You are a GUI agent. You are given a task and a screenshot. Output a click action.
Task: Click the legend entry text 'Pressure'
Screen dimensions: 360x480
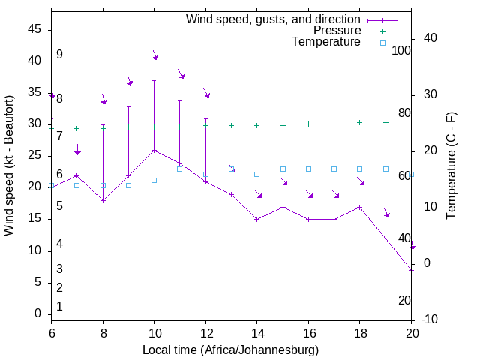[x=337, y=31]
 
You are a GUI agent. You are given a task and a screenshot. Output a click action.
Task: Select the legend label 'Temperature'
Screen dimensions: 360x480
[x=326, y=43]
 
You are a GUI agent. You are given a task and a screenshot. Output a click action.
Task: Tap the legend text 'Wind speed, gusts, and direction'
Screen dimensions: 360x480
[x=274, y=19]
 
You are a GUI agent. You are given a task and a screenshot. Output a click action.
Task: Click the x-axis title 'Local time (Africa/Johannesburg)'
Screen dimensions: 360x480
[x=231, y=350]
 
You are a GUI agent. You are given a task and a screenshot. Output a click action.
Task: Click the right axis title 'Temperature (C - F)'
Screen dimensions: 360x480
[x=451, y=166]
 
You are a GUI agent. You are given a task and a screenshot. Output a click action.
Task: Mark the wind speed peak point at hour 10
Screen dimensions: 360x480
[x=154, y=150]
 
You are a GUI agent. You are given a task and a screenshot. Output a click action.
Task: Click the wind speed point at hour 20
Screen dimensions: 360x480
[x=412, y=269]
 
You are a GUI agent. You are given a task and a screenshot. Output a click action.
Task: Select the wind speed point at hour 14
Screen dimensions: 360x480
[x=256, y=219]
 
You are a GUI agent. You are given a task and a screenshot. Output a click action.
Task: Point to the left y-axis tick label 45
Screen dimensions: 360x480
[x=34, y=29]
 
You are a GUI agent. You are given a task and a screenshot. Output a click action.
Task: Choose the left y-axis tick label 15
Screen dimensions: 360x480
[x=34, y=219]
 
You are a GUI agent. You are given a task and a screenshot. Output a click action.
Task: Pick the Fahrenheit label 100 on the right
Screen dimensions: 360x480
[x=402, y=51]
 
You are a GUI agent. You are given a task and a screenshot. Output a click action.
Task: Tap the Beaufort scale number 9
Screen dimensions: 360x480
[x=59, y=55]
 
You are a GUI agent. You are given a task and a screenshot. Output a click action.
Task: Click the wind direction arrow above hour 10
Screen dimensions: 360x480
[x=155, y=55]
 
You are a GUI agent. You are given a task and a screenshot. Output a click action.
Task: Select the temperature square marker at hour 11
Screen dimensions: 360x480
[x=179, y=169]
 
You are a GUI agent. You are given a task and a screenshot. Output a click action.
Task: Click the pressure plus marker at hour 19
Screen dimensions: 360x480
[x=385, y=122]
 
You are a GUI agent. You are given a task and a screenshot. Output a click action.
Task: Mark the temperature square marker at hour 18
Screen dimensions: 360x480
[x=360, y=169]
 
